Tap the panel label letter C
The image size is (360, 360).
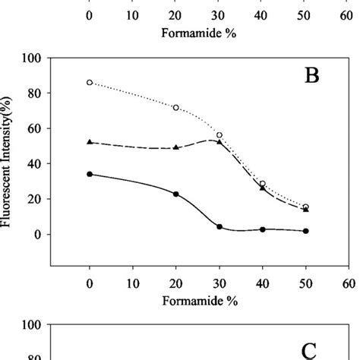tap(311, 350)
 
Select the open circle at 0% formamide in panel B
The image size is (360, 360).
tap(90, 82)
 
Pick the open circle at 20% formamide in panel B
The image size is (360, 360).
tap(176, 108)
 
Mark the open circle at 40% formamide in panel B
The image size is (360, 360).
tap(263, 184)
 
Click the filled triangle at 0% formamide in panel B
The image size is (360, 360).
tap(90, 142)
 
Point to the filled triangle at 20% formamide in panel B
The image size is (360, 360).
tap(176, 147)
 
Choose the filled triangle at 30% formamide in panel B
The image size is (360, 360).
tap(219, 142)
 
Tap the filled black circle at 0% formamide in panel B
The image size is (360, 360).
tap(90, 174)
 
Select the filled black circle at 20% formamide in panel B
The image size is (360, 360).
tap(176, 194)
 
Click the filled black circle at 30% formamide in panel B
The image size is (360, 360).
tap(219, 226)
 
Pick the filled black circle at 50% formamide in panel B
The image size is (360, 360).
tap(306, 231)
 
